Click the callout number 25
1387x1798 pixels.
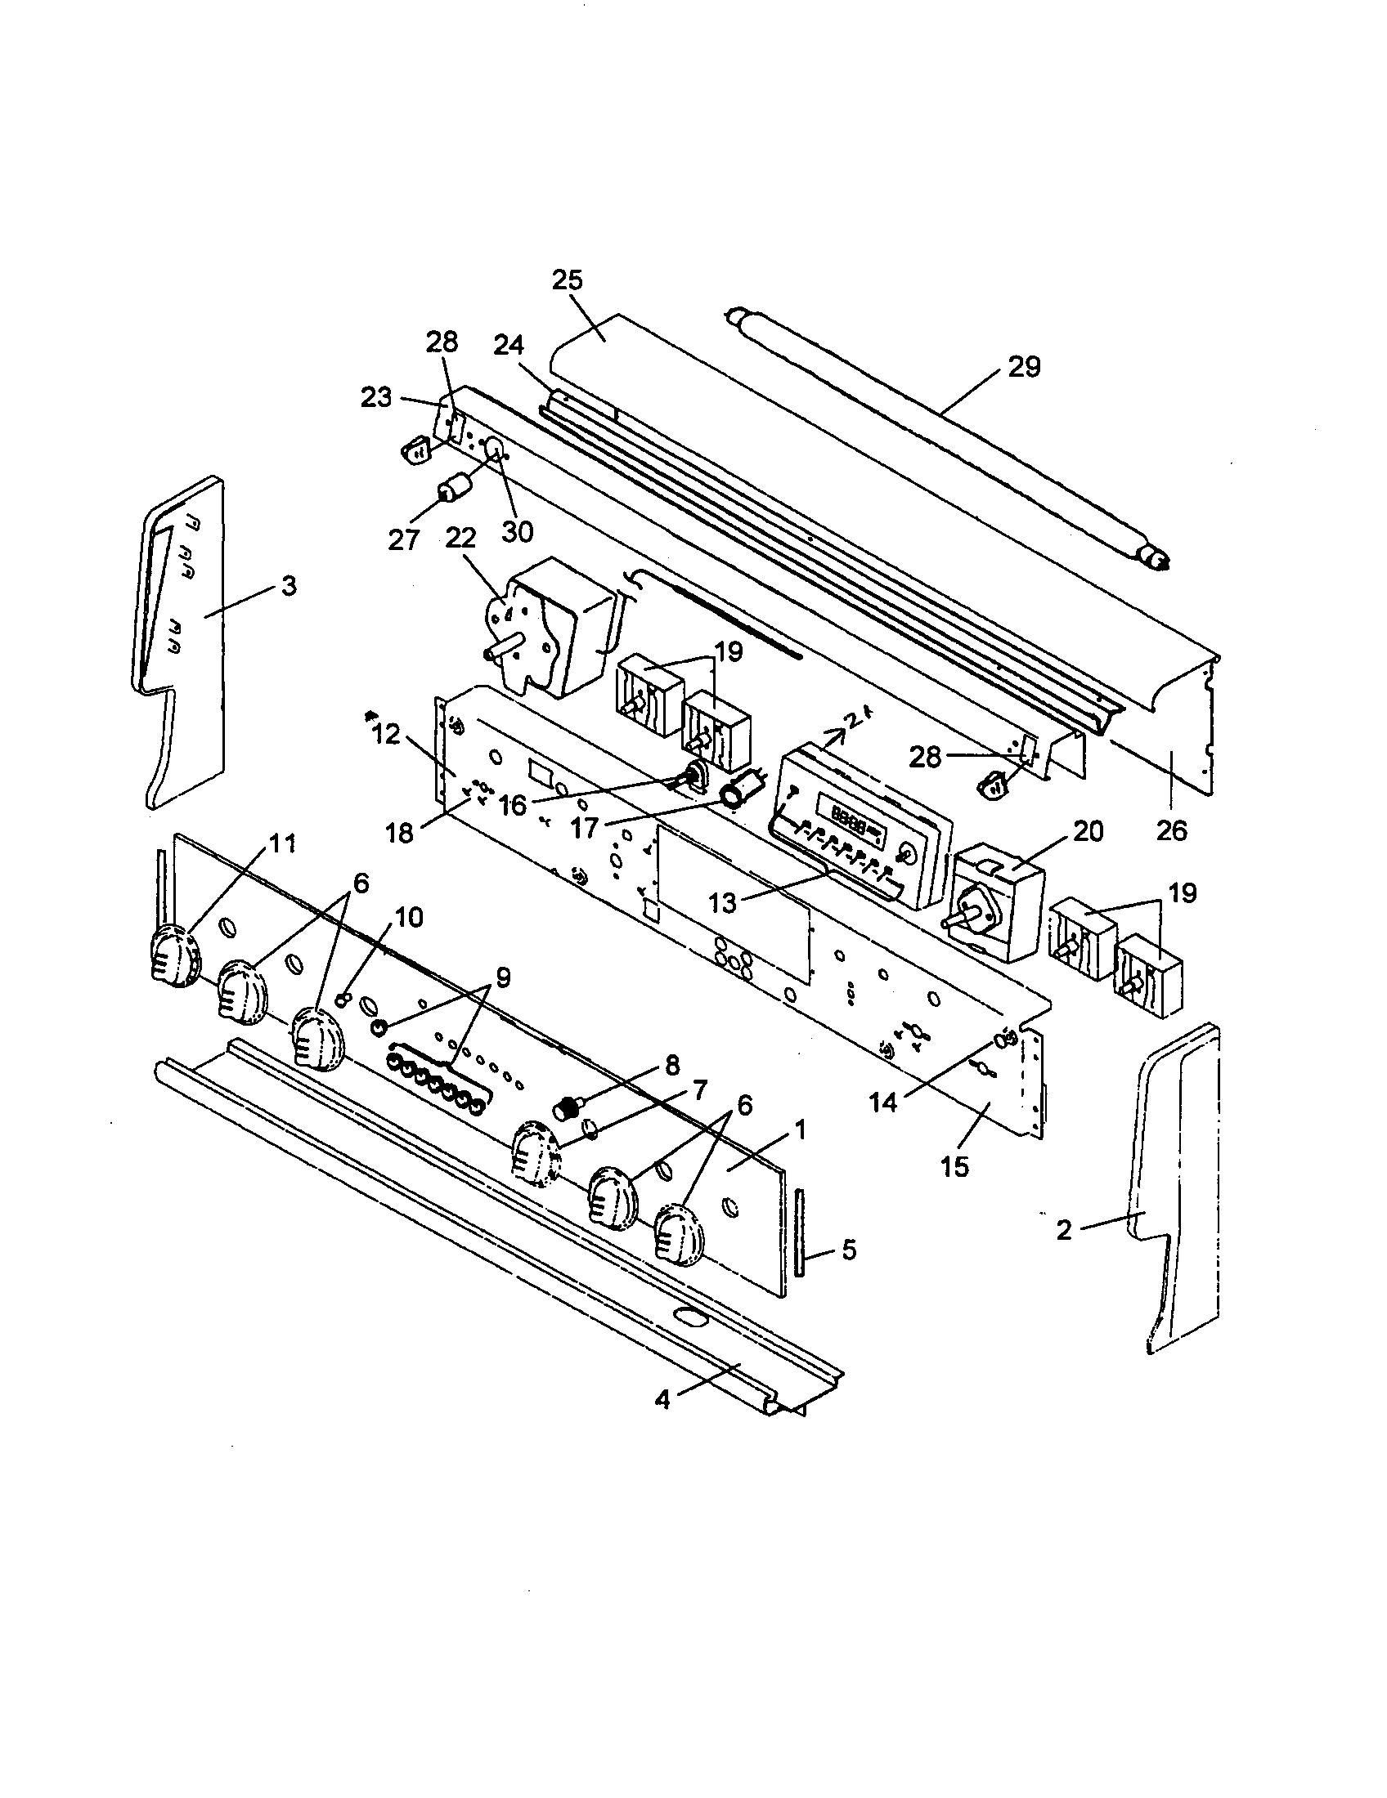click(x=567, y=280)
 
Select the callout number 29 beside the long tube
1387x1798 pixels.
click(x=1024, y=366)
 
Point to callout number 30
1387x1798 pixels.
click(x=517, y=531)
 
